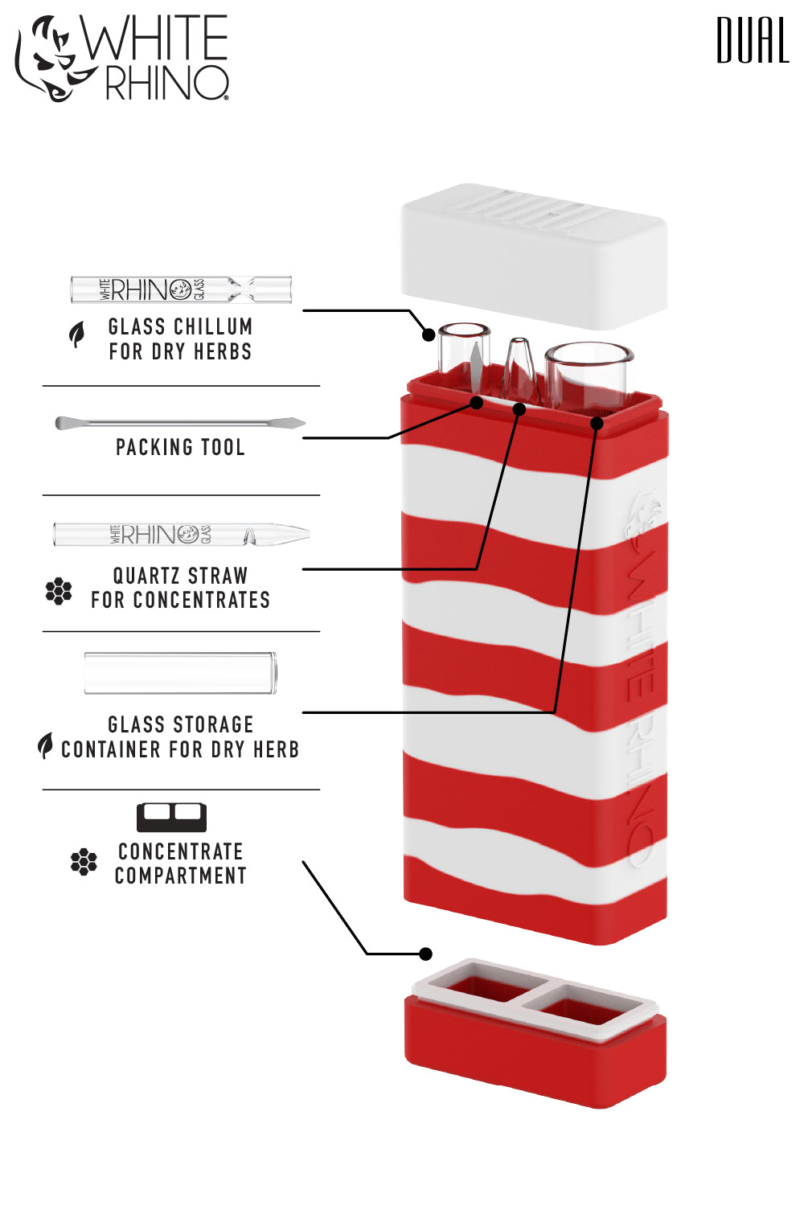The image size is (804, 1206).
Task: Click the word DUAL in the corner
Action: tap(753, 41)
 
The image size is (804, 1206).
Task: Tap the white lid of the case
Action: tap(534, 256)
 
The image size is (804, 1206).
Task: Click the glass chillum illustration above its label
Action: tap(181, 289)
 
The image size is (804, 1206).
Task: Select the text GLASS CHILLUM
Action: tap(180, 327)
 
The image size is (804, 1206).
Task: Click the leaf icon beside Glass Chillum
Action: tap(76, 334)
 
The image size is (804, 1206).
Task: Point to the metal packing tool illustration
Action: tap(180, 423)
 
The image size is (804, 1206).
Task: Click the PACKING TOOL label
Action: tap(180, 448)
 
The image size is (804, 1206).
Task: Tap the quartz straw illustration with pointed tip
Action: tap(181, 534)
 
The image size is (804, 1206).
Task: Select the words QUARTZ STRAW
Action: tap(180, 576)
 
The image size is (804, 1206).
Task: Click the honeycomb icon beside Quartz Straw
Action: tap(59, 591)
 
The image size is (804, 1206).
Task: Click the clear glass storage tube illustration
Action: tap(181, 673)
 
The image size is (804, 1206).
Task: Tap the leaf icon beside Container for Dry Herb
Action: tap(46, 745)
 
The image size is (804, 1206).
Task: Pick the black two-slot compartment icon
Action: tap(171, 817)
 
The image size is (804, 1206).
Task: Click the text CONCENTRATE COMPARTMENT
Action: tap(180, 863)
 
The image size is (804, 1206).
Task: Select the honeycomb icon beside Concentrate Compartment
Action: tap(84, 862)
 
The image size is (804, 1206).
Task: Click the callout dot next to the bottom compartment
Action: tap(426, 954)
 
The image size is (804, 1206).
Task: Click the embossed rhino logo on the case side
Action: tap(643, 523)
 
